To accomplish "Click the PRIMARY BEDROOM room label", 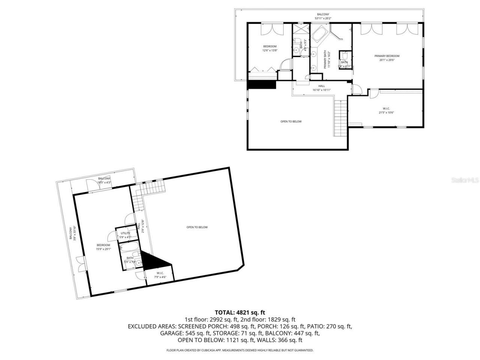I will pyautogui.click(x=387, y=56).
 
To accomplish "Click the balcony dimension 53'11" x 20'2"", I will pyautogui.click(x=323, y=18).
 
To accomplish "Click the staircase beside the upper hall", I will pyautogui.click(x=340, y=118).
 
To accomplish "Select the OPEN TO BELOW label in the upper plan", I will pyautogui.click(x=291, y=121).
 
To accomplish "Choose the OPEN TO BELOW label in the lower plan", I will pyautogui.click(x=197, y=227).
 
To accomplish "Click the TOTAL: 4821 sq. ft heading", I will pyautogui.click(x=240, y=312).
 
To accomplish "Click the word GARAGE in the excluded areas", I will pyautogui.click(x=170, y=333).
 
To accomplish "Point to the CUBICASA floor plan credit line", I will pyautogui.click(x=240, y=350).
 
